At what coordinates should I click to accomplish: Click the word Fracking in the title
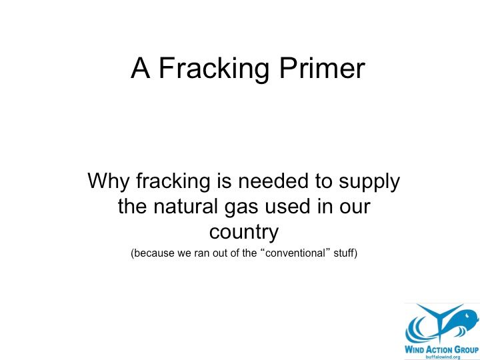214,69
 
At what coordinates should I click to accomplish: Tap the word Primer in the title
323,68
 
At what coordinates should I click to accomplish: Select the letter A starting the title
141,67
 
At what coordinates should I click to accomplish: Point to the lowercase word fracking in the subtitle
173,182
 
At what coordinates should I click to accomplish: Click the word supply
369,183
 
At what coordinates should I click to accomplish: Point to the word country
244,233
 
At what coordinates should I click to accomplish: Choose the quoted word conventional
295,253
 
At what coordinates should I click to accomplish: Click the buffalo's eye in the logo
467,315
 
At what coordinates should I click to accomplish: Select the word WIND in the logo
415,349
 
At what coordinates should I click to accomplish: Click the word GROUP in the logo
466,349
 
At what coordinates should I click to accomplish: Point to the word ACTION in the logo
439,349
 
